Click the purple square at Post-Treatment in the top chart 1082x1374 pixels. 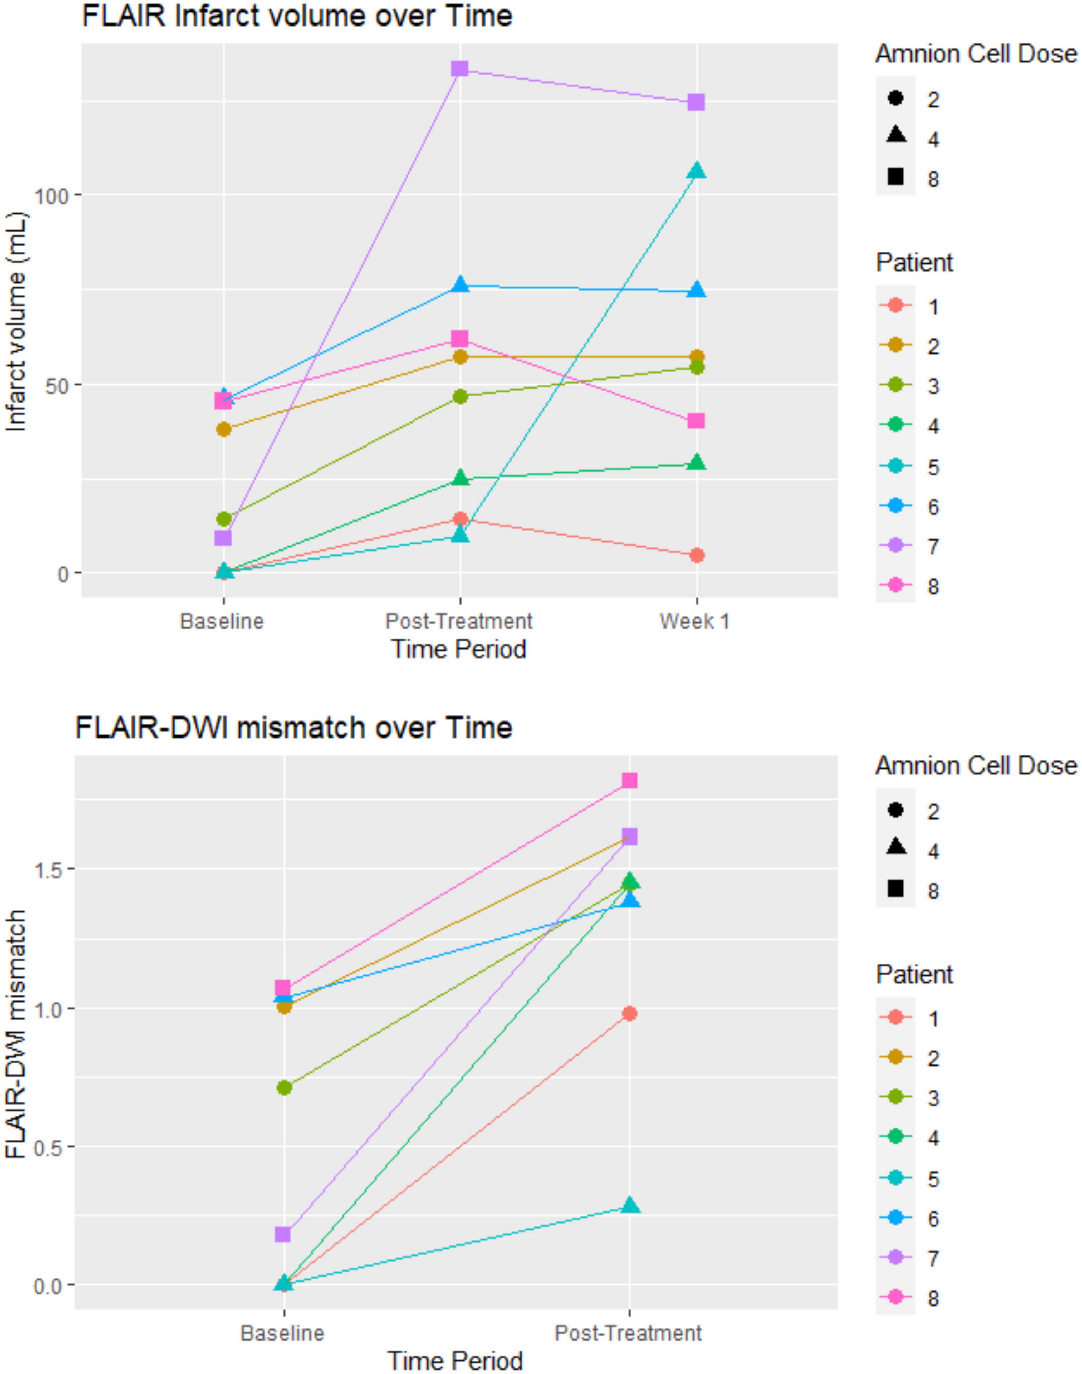(460, 68)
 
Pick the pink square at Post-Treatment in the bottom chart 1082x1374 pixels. (629, 781)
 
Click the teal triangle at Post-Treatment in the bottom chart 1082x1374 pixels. (629, 1205)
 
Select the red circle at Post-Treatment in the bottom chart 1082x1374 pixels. (629, 1014)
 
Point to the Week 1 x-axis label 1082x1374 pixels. (695, 621)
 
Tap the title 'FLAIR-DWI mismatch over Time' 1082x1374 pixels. (293, 728)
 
